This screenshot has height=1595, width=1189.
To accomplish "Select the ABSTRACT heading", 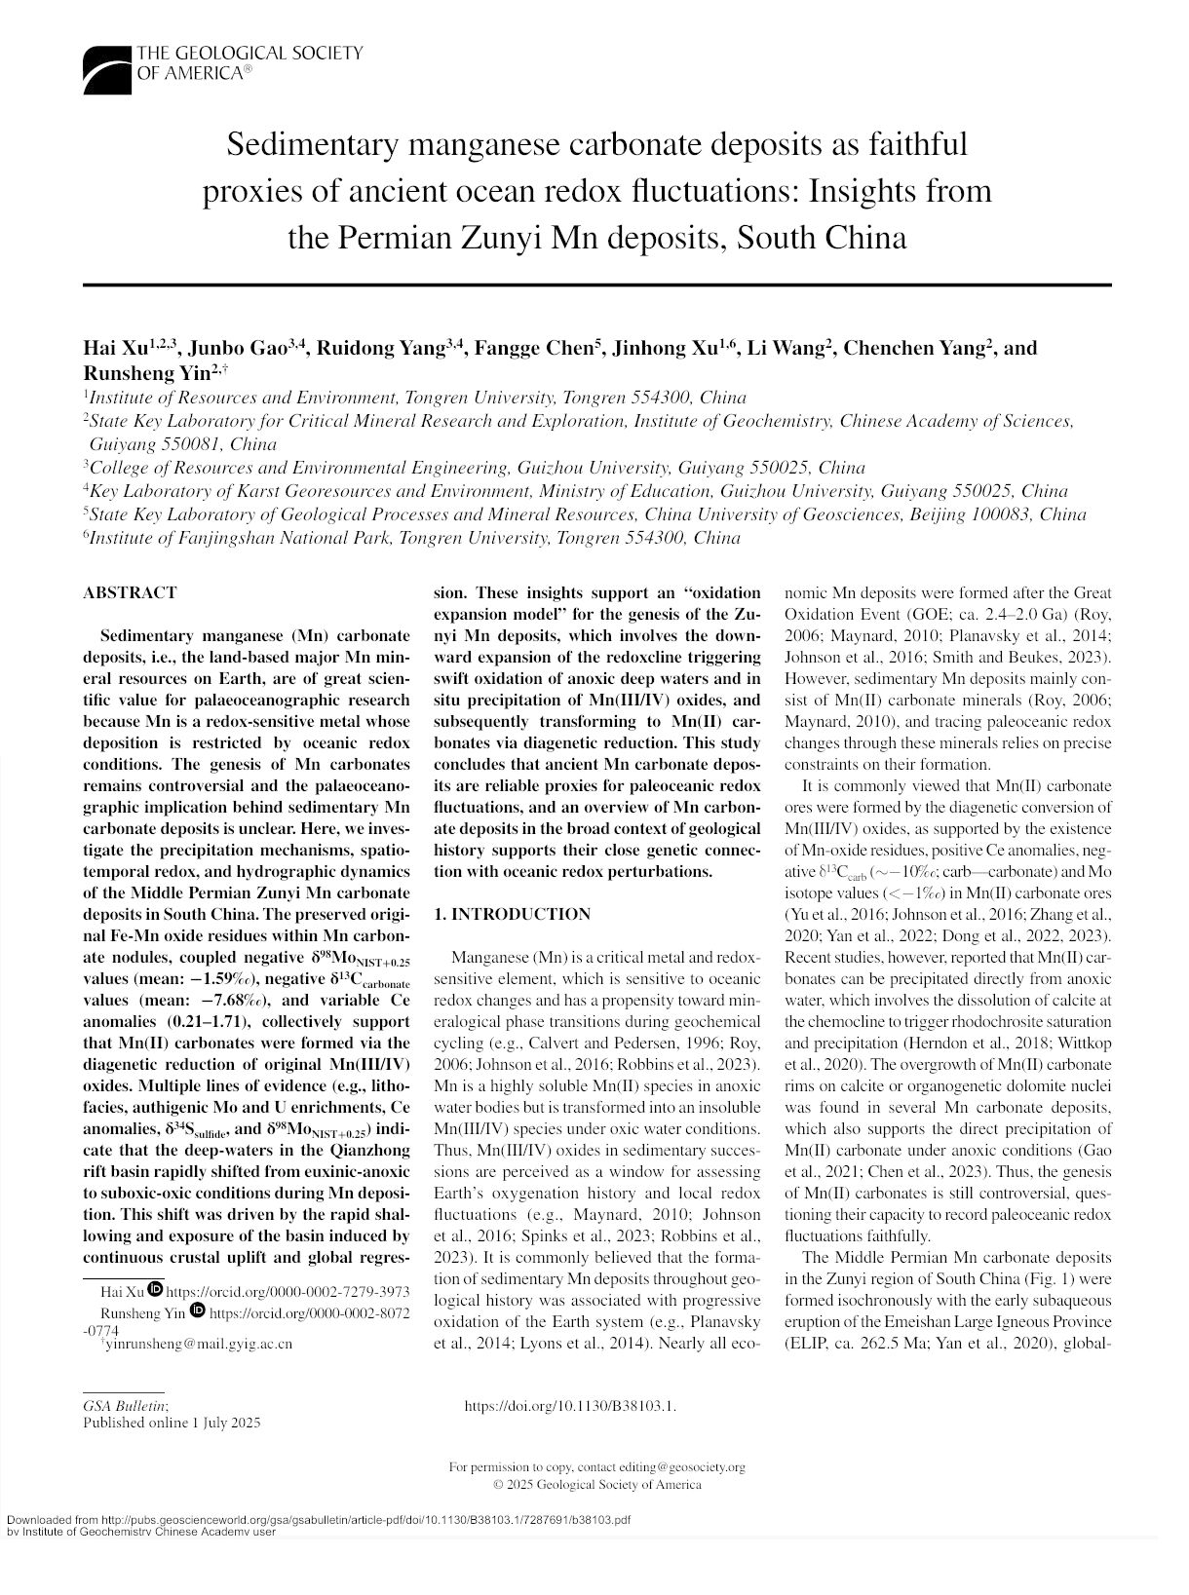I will [x=130, y=592].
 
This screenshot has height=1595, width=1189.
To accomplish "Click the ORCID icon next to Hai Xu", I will [x=154, y=1291].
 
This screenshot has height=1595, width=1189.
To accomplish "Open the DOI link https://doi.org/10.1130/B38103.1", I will [x=571, y=1406].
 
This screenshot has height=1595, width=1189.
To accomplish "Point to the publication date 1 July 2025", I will [x=226, y=1424].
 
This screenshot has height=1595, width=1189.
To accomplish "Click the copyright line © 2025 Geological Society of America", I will [x=596, y=1484].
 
